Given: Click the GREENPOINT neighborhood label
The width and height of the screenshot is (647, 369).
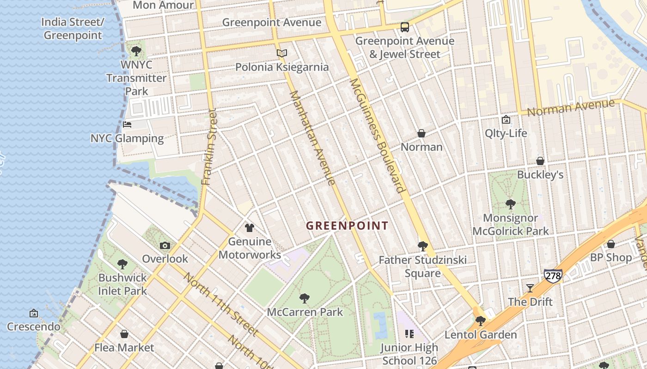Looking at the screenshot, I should (347, 226).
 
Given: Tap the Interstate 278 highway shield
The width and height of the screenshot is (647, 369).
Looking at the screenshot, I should (553, 276).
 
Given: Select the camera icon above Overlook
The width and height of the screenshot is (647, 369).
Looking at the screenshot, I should (165, 246).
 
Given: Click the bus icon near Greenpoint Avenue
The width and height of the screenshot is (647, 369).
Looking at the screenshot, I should (405, 27).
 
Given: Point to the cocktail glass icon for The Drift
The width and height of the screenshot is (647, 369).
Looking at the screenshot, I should (530, 288).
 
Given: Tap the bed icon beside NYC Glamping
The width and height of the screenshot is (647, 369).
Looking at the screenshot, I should (127, 125).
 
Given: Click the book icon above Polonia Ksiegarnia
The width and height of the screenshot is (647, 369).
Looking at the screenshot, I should (282, 54).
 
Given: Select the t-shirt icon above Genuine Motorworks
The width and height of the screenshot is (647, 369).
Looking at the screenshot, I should (250, 228).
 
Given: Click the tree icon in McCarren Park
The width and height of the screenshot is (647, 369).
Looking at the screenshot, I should (305, 298).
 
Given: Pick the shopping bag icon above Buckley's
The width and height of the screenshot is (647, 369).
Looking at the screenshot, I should (540, 161).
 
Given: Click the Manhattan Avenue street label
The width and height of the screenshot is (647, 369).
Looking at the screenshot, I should (312, 137).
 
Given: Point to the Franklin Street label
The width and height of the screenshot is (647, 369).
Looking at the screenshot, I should (209, 147).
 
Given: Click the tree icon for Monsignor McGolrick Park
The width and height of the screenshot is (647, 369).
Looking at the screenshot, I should (510, 204).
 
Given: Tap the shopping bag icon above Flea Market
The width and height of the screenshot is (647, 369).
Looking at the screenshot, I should (124, 334).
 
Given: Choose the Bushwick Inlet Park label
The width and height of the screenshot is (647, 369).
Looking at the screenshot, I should (122, 284).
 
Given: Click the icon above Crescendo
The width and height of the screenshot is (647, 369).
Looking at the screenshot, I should (34, 314).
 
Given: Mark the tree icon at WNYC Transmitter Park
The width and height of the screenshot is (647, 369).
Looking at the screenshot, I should (136, 51).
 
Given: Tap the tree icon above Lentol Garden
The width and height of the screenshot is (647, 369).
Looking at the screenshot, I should (481, 321).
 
